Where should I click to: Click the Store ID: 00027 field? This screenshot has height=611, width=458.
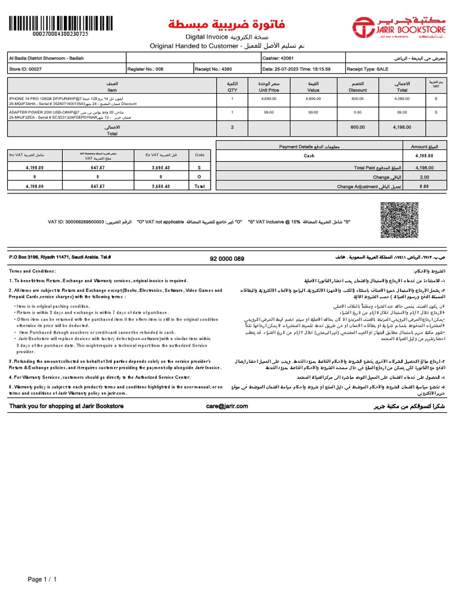tap(24, 69)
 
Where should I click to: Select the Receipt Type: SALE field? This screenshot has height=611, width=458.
tap(367, 69)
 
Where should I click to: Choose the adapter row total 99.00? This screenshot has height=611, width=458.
tap(402, 112)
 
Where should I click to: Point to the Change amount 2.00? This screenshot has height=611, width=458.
tap(424, 177)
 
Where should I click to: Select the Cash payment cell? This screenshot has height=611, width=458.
tap(309, 156)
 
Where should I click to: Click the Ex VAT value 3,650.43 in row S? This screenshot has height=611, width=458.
tap(161, 168)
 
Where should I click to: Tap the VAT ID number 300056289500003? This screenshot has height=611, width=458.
tap(76, 222)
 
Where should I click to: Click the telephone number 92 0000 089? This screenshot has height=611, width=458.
tap(227, 258)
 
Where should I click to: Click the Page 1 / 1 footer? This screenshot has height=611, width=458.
tap(42, 579)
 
